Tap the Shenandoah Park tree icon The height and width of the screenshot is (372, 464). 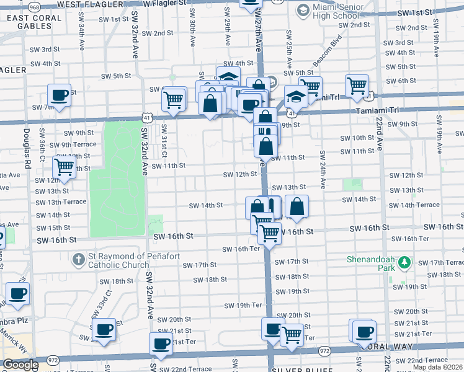(404, 263)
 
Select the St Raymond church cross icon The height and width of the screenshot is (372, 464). (78, 258)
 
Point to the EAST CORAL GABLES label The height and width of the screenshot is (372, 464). (34, 22)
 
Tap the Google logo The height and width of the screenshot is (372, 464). (20, 365)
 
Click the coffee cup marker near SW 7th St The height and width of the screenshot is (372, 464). (59, 95)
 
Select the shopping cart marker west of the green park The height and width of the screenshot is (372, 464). (64, 167)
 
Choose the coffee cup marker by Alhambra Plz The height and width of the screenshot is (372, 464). (17, 293)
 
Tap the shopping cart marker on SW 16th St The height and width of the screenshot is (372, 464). (269, 234)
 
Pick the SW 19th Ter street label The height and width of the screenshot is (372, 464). (243, 305)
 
